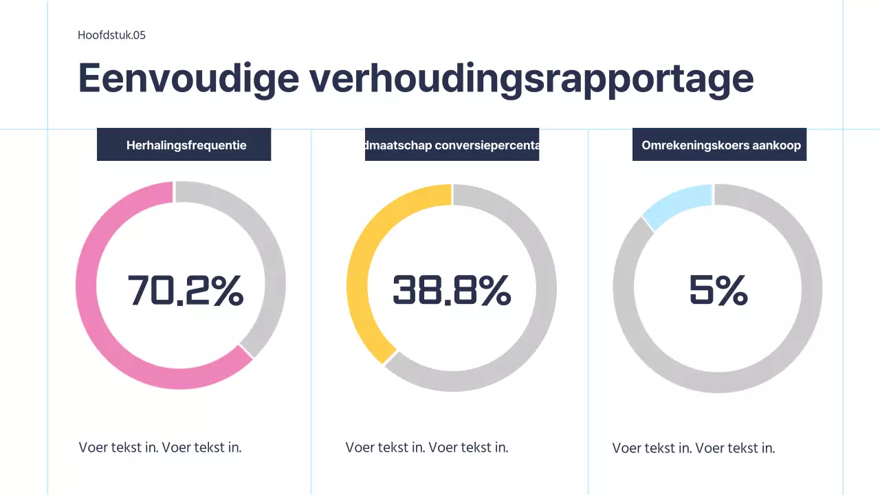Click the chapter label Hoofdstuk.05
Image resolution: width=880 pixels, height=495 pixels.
click(x=111, y=36)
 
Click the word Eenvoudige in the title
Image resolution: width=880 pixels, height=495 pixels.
click(x=188, y=78)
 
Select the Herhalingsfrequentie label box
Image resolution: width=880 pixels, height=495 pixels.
click(x=184, y=145)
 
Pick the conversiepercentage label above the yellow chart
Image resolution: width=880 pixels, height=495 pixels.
click(x=452, y=145)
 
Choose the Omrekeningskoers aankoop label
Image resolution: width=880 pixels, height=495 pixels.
click(x=719, y=145)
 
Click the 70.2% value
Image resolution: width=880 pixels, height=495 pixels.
click(x=186, y=290)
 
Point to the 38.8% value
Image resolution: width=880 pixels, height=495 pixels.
click(x=452, y=290)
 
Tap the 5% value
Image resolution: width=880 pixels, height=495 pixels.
click(x=718, y=291)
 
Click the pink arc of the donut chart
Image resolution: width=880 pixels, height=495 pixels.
click(x=96, y=323)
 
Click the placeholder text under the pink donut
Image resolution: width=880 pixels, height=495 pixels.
click(x=160, y=447)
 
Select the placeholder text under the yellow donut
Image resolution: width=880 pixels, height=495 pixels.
click(x=427, y=447)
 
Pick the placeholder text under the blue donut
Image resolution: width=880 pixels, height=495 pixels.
click(x=694, y=448)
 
